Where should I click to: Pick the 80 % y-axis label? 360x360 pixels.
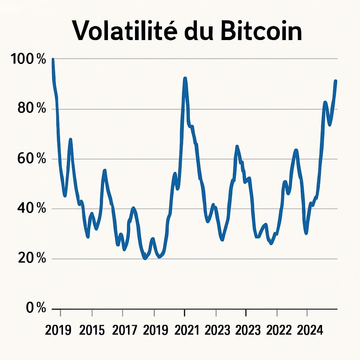(x=32, y=109)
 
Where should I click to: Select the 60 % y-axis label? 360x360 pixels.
(x=32, y=159)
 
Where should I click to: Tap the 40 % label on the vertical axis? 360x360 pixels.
(x=32, y=209)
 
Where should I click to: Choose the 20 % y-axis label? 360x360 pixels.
(x=32, y=259)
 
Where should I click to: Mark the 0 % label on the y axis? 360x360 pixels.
(x=36, y=308)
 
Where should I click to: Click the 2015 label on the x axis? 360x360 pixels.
(x=92, y=330)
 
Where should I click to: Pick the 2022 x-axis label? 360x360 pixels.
(x=279, y=330)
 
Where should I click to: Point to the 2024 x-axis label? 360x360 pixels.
(x=310, y=330)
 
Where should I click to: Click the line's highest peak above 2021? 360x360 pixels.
(x=185, y=79)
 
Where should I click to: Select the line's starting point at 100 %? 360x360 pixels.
(x=53, y=60)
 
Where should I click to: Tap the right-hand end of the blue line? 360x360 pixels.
(x=336, y=81)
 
